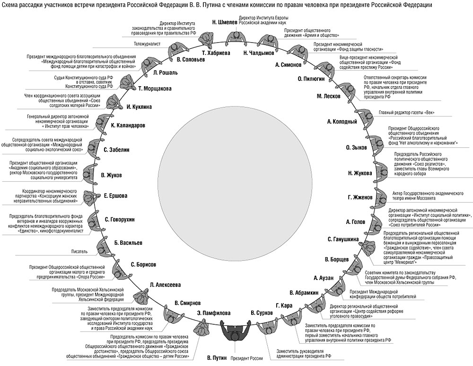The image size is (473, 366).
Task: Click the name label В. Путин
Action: (218, 357)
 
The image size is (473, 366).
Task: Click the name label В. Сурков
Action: (262, 313)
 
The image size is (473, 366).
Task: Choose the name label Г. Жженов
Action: (359, 197)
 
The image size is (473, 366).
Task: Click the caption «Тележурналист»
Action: (148, 44)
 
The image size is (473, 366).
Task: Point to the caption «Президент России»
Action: (246, 359)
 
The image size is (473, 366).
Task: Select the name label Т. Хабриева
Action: (215, 53)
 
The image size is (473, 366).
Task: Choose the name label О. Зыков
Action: (356, 148)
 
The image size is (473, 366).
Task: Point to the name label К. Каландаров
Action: (128, 125)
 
